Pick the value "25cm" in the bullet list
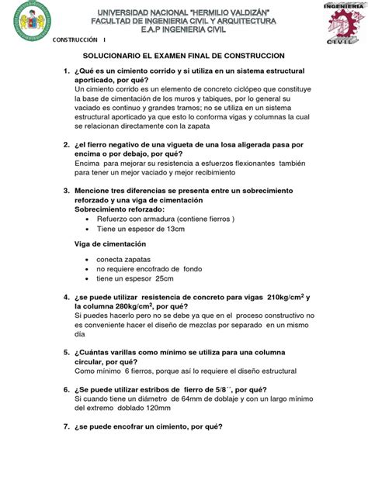tap(164, 278)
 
